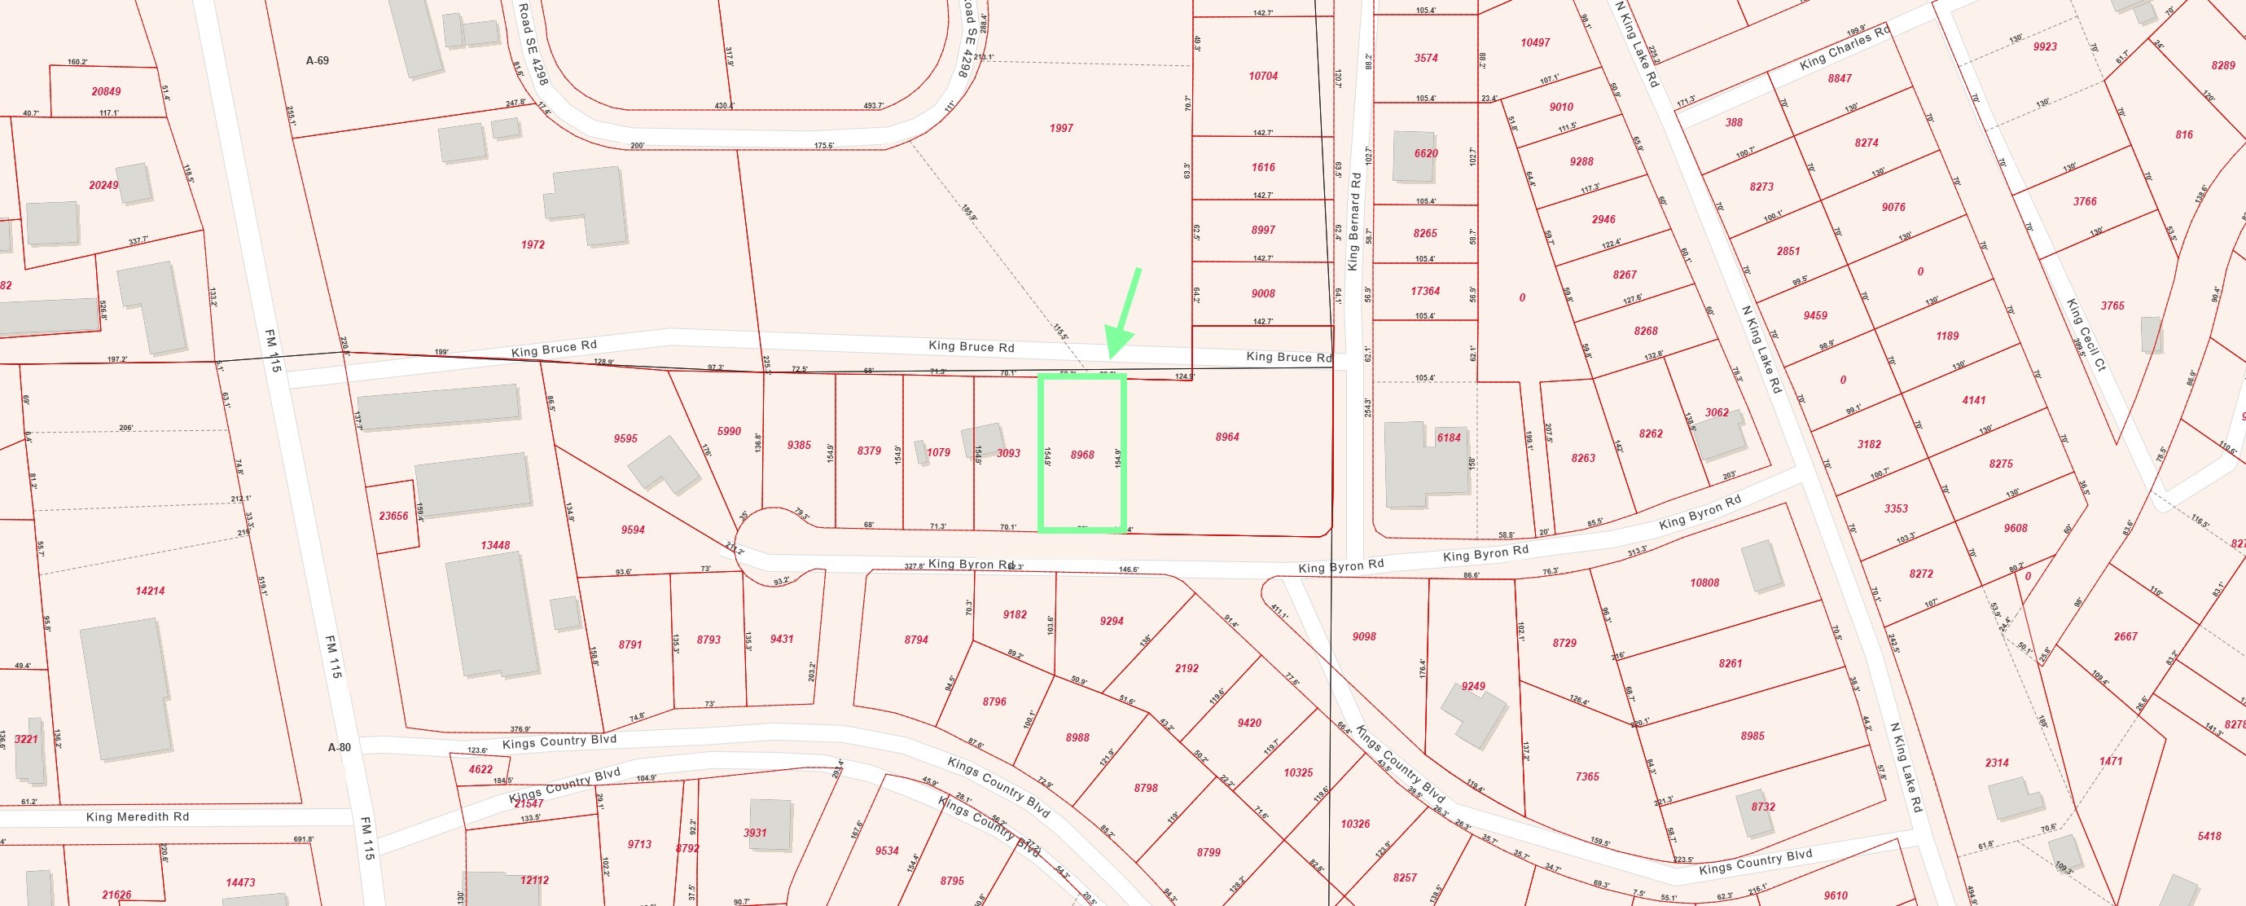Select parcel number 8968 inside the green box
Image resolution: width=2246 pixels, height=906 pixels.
[x=1082, y=455]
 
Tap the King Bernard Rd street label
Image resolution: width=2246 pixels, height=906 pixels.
[x=1353, y=221]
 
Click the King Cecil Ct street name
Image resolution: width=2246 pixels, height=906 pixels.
[x=2085, y=336]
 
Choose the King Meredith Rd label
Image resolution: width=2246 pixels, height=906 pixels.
[x=137, y=817]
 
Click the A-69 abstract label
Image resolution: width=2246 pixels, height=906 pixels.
[x=318, y=61]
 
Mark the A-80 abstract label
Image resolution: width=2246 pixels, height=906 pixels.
[x=339, y=747]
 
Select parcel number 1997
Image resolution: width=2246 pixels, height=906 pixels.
[x=1061, y=128]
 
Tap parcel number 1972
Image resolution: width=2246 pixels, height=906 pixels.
[x=533, y=245]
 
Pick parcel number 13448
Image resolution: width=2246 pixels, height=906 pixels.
[x=495, y=545]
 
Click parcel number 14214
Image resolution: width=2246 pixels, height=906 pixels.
[x=150, y=592]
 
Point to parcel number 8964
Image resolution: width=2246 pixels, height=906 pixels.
[x=1226, y=437]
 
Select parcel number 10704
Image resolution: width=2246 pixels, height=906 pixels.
[x=1262, y=77]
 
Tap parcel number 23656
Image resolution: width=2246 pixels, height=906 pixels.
[x=393, y=517]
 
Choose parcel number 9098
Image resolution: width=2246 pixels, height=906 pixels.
[x=1363, y=636]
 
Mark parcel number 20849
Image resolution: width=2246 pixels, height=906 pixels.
[x=107, y=91]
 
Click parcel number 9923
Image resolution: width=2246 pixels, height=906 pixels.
[x=2045, y=47]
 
